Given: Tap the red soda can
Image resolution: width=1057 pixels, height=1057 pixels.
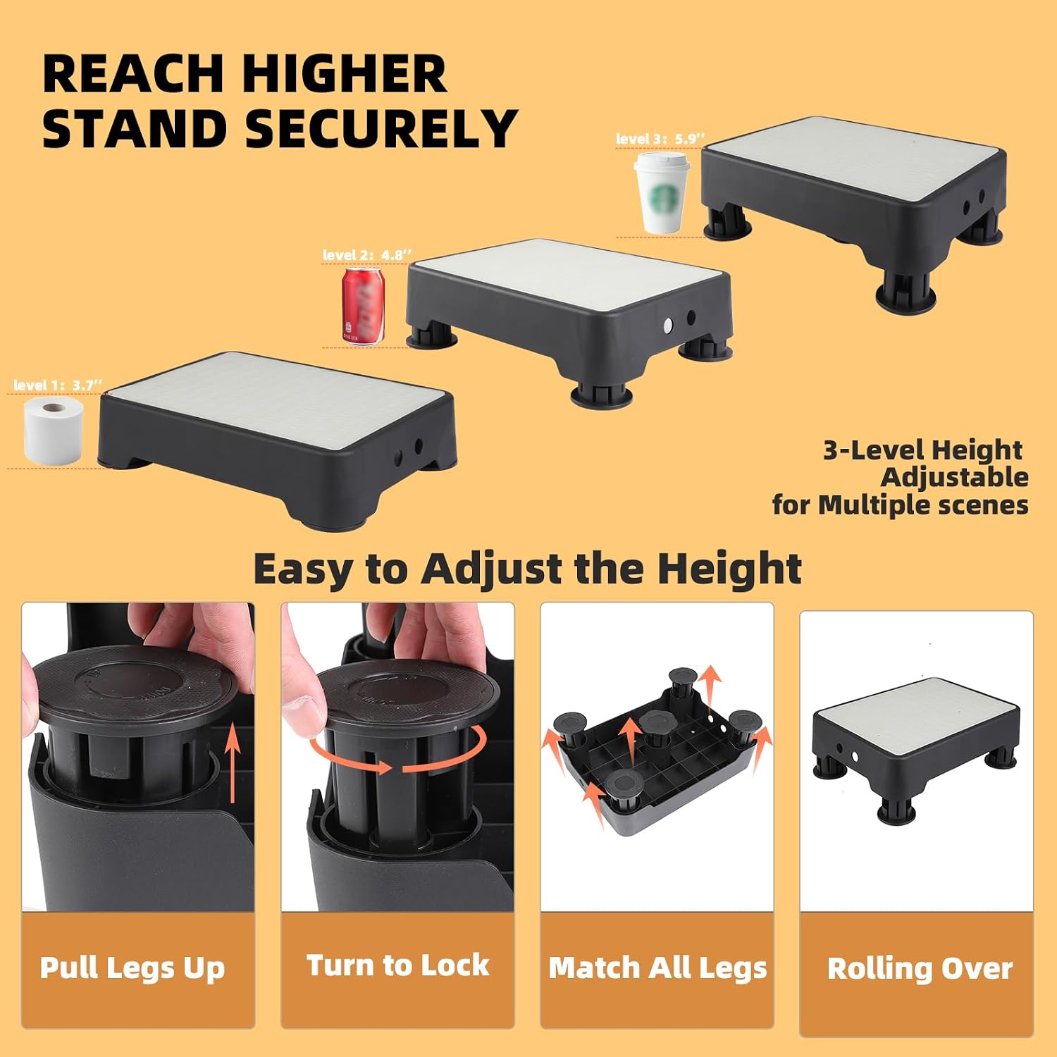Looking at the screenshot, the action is [x=364, y=306].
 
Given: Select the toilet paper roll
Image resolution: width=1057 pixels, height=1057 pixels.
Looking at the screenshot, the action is [x=54, y=431].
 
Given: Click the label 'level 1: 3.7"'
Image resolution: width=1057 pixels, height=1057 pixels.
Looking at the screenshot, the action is [x=58, y=385].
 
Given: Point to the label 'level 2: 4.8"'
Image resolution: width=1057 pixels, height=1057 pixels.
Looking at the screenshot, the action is [x=367, y=254].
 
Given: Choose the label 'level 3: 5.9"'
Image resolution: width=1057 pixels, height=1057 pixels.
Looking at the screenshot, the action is [x=660, y=139].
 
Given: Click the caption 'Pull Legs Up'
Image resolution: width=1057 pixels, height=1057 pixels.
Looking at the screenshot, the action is [x=132, y=968].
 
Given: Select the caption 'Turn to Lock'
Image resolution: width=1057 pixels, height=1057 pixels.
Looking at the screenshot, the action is [x=397, y=965].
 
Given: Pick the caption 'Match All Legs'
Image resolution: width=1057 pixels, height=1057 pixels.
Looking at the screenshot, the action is [x=657, y=968].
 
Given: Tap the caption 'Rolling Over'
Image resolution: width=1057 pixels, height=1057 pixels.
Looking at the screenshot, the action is [x=920, y=969].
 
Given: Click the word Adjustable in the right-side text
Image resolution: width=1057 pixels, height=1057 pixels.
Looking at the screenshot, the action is [x=954, y=477].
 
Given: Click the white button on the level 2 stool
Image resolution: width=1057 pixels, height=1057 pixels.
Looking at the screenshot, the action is [x=667, y=326].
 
